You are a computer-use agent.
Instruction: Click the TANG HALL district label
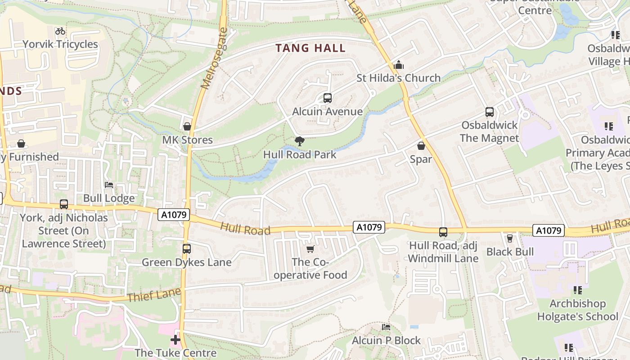click(310, 48)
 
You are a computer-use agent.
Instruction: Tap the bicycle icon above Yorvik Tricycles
click(60, 31)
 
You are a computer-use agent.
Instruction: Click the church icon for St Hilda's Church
click(398, 65)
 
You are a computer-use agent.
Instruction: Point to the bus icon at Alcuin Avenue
click(328, 98)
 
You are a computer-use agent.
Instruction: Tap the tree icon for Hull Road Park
click(299, 141)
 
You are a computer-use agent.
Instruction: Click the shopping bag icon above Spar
click(421, 146)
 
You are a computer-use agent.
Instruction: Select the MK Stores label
click(187, 140)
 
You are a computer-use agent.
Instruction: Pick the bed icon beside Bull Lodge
click(109, 184)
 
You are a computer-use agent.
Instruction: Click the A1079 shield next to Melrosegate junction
click(173, 215)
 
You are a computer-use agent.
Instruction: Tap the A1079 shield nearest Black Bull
click(549, 230)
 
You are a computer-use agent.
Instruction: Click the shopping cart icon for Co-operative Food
click(310, 249)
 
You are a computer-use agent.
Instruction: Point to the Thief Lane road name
click(154, 295)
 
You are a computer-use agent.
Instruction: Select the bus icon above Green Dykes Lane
click(186, 248)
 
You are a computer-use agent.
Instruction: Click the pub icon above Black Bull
click(510, 238)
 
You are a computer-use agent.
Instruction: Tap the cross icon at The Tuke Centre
click(175, 339)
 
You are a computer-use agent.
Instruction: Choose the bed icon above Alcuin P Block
click(386, 327)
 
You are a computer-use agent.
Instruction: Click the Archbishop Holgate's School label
click(577, 310)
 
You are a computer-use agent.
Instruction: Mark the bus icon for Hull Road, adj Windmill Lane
click(443, 232)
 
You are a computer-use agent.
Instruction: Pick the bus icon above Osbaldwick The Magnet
click(490, 112)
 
